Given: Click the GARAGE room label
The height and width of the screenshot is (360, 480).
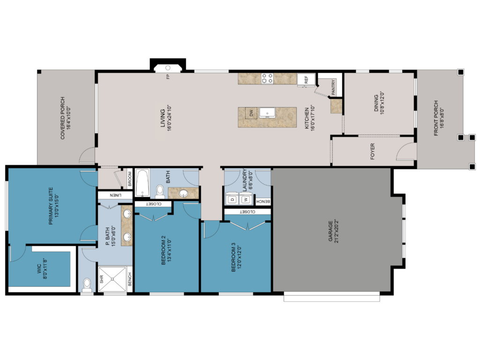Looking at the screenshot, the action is pyautogui.click(x=330, y=231).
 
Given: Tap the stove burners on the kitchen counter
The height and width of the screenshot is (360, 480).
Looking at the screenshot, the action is pyautogui.click(x=267, y=78).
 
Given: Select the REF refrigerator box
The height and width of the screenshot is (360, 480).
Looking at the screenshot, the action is pyautogui.click(x=306, y=80).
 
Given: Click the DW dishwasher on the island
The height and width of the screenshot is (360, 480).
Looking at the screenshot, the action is pyautogui.click(x=251, y=113).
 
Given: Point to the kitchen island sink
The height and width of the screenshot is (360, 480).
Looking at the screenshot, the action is pyautogui.click(x=267, y=112).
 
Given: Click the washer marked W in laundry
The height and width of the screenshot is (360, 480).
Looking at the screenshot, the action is pyautogui.click(x=245, y=199).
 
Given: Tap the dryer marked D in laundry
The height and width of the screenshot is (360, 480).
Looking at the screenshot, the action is pyautogui.click(x=232, y=199).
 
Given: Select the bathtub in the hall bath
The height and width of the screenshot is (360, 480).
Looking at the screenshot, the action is pyautogui.click(x=142, y=183).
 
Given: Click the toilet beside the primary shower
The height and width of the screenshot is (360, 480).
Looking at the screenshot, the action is pyautogui.click(x=87, y=285).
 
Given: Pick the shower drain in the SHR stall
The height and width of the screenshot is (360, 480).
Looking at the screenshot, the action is pyautogui.click(x=112, y=279).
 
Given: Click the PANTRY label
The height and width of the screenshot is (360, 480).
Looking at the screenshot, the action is pyautogui.click(x=333, y=87).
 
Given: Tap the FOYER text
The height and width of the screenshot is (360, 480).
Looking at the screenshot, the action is pyautogui.click(x=373, y=151).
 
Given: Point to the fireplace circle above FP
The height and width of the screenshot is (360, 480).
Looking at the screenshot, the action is pyautogui.click(x=168, y=67).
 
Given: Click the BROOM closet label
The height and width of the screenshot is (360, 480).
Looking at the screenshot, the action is pyautogui.click(x=130, y=179).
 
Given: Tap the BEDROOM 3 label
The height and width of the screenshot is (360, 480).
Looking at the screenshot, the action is pyautogui.click(x=233, y=257).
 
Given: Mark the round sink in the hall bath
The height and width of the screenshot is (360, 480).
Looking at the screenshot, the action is pyautogui.click(x=184, y=193).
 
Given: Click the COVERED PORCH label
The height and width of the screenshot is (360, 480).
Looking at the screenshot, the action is pyautogui.click(x=63, y=118).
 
